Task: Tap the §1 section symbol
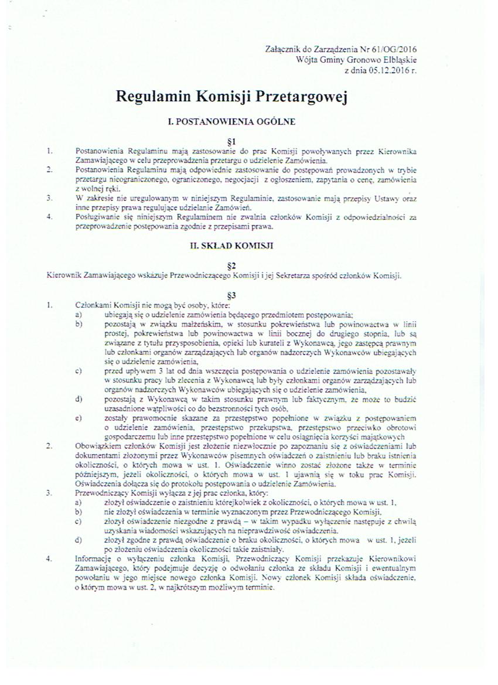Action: click(230, 141)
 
